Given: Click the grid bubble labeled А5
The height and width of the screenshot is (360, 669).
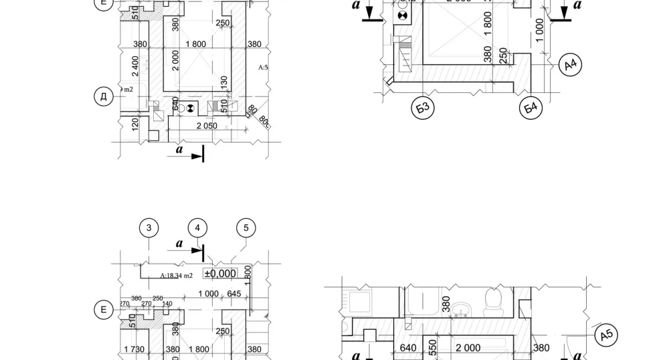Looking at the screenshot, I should [606, 335].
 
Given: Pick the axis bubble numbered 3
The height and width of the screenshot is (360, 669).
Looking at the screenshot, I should [149, 228].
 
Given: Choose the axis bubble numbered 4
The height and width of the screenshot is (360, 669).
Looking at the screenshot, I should [197, 228].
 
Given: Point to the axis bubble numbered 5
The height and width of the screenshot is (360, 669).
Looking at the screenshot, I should [246, 228].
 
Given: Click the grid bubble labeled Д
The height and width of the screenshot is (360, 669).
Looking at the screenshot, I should [103, 97].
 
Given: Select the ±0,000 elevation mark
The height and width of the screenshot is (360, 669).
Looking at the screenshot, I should [220, 273].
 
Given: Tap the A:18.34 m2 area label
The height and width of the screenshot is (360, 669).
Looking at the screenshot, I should [177, 275].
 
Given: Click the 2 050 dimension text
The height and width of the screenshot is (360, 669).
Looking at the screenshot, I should [206, 126].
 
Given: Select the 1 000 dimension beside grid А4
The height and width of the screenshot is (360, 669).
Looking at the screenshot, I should [540, 30].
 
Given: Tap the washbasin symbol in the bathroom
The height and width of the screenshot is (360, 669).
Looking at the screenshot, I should [460, 310].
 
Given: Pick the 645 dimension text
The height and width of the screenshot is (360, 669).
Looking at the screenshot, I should [233, 294].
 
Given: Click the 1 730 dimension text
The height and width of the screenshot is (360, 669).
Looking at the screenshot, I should [134, 349].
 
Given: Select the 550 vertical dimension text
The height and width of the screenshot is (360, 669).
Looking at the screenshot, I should [433, 346].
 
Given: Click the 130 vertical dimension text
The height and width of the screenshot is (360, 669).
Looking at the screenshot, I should [224, 82].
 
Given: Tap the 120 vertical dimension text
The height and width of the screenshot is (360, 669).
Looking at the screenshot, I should [135, 124].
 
